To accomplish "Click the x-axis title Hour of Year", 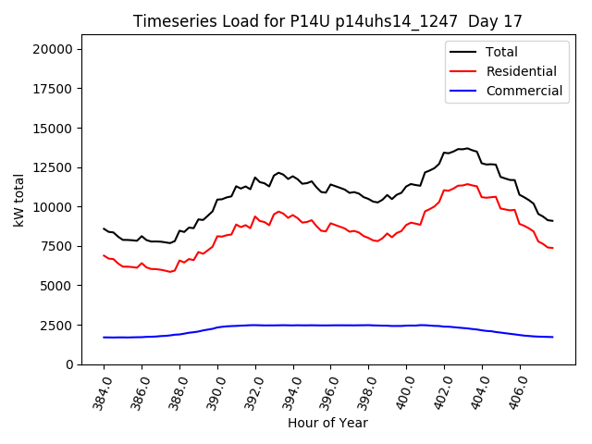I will tap(327, 423).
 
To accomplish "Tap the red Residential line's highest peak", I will tap(467, 184).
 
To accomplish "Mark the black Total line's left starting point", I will tap(104, 228).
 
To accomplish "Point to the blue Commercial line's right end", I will tap(552, 337).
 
